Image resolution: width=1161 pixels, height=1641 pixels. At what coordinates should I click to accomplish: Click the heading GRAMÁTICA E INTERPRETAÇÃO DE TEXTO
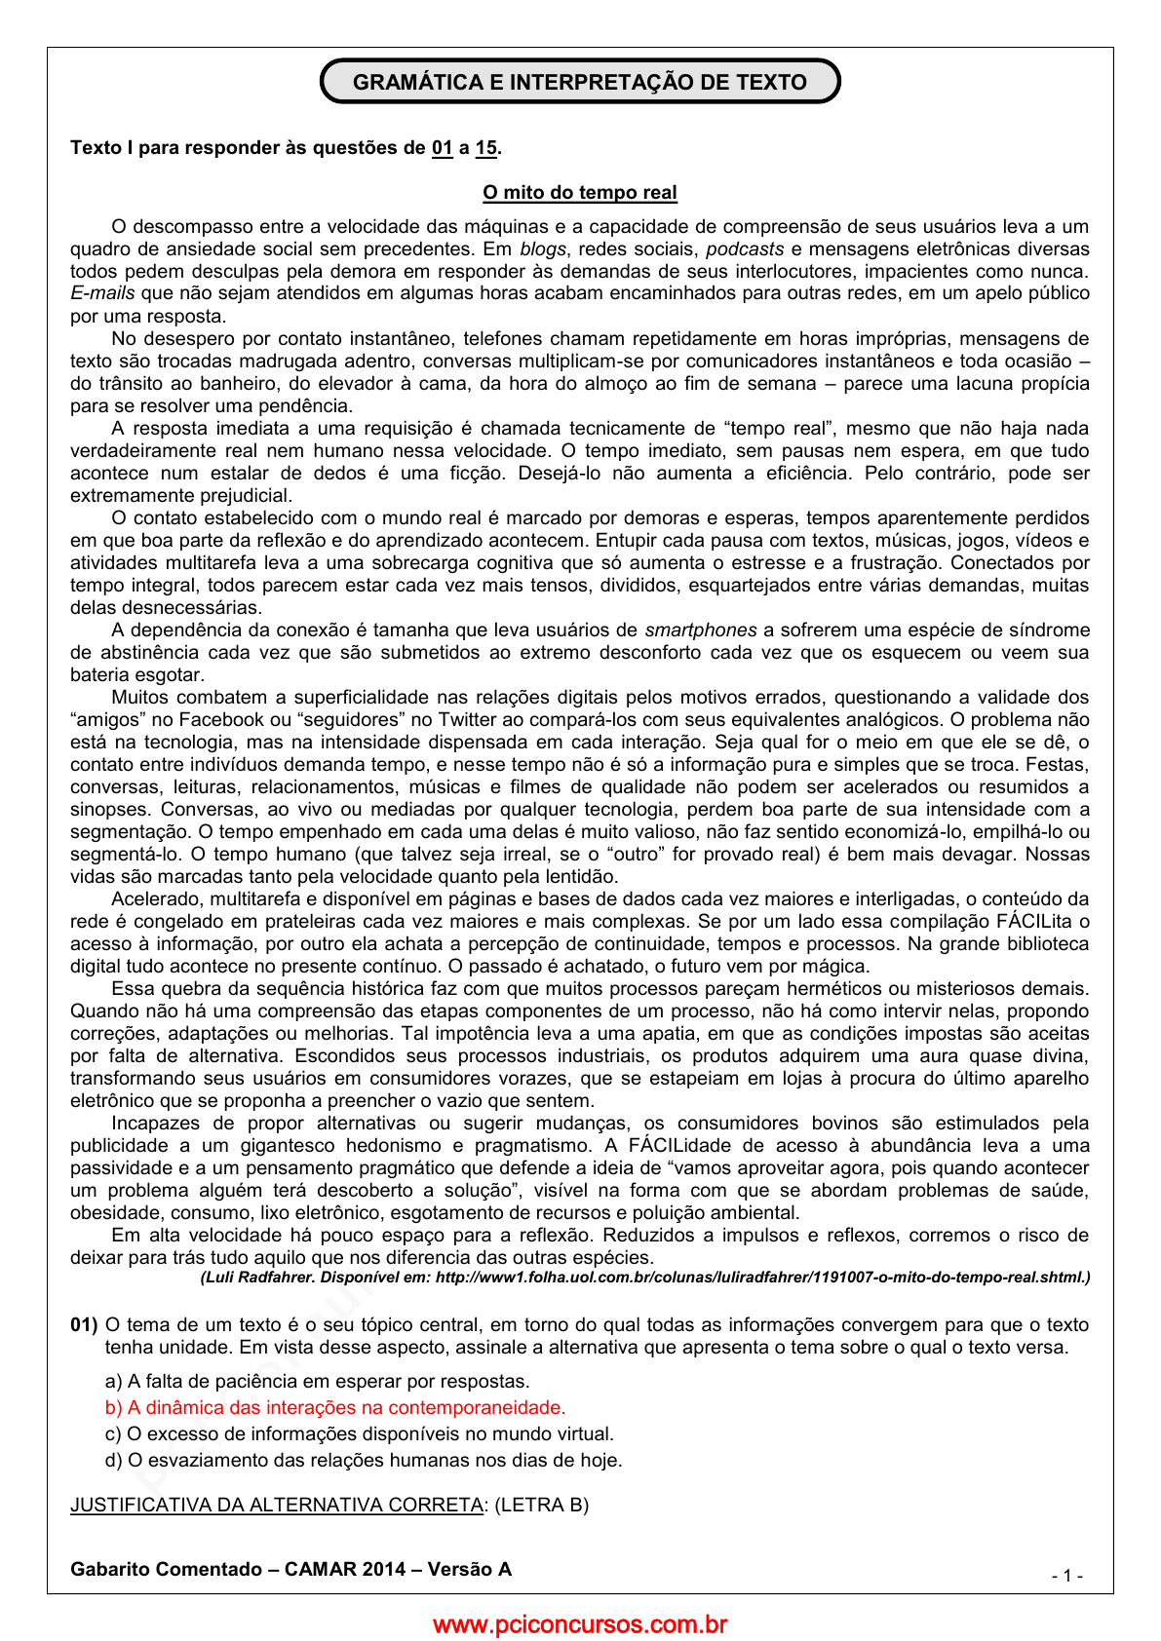(x=580, y=82)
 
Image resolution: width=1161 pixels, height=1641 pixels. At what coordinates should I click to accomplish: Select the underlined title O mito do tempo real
(x=580, y=193)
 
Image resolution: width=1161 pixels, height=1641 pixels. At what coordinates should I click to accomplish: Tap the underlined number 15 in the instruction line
(x=485, y=148)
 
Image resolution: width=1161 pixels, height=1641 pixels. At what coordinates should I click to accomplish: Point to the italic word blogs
(x=543, y=249)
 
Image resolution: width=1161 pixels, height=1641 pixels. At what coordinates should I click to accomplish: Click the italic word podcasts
(x=745, y=249)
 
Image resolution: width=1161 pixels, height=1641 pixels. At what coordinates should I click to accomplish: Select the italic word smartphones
(x=701, y=630)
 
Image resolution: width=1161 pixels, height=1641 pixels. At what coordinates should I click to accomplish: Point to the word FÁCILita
(x=1036, y=922)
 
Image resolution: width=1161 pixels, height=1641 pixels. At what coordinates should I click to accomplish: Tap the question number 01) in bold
(x=84, y=1325)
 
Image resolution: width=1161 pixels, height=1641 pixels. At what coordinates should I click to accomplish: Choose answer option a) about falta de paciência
(x=318, y=1382)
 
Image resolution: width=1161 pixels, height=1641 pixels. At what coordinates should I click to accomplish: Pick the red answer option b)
(x=335, y=1408)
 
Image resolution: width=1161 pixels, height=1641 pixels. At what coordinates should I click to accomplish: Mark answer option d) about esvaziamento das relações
(x=364, y=1461)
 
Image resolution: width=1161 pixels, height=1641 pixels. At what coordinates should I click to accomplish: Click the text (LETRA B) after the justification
(x=542, y=1506)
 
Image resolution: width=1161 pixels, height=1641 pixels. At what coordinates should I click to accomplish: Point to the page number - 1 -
(x=1067, y=1576)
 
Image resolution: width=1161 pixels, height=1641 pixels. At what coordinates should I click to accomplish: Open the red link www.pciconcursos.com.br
(x=580, y=1624)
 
